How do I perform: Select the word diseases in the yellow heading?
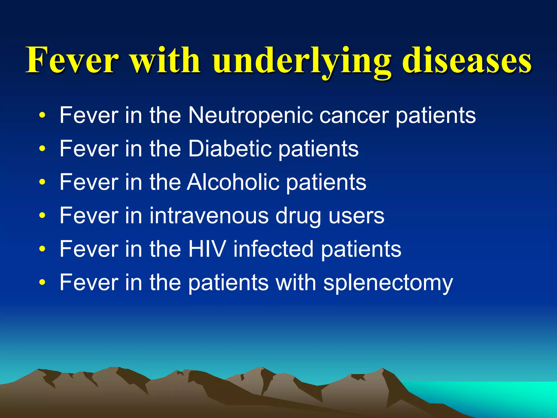tap(467, 60)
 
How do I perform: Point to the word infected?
tap(273, 249)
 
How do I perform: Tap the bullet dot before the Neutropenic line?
tap(42, 115)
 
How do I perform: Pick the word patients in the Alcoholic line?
tap(326, 182)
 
